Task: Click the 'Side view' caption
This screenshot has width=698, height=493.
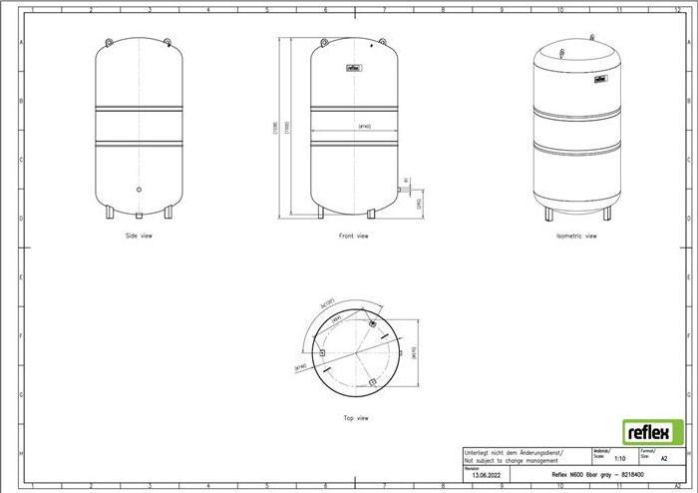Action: tap(139, 236)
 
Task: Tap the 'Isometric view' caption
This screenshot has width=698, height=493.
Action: tap(576, 236)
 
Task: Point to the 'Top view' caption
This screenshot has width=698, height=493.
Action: tap(356, 419)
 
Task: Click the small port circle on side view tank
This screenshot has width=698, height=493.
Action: tap(139, 188)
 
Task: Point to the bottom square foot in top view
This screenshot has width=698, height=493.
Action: tap(372, 382)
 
